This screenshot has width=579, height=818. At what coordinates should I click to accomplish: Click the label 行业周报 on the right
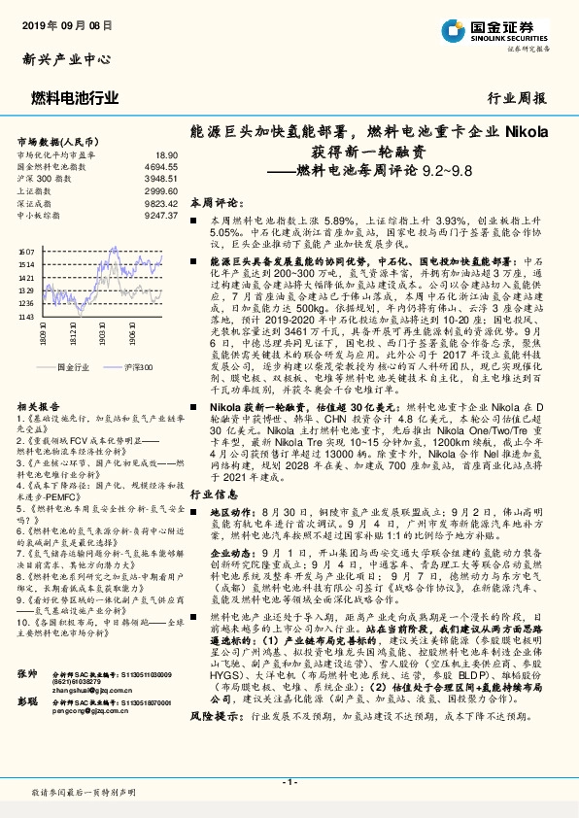pos(516,98)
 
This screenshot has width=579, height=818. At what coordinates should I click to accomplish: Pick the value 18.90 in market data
pos(165,154)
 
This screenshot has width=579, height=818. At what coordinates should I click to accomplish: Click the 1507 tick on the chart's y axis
pos(25,252)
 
